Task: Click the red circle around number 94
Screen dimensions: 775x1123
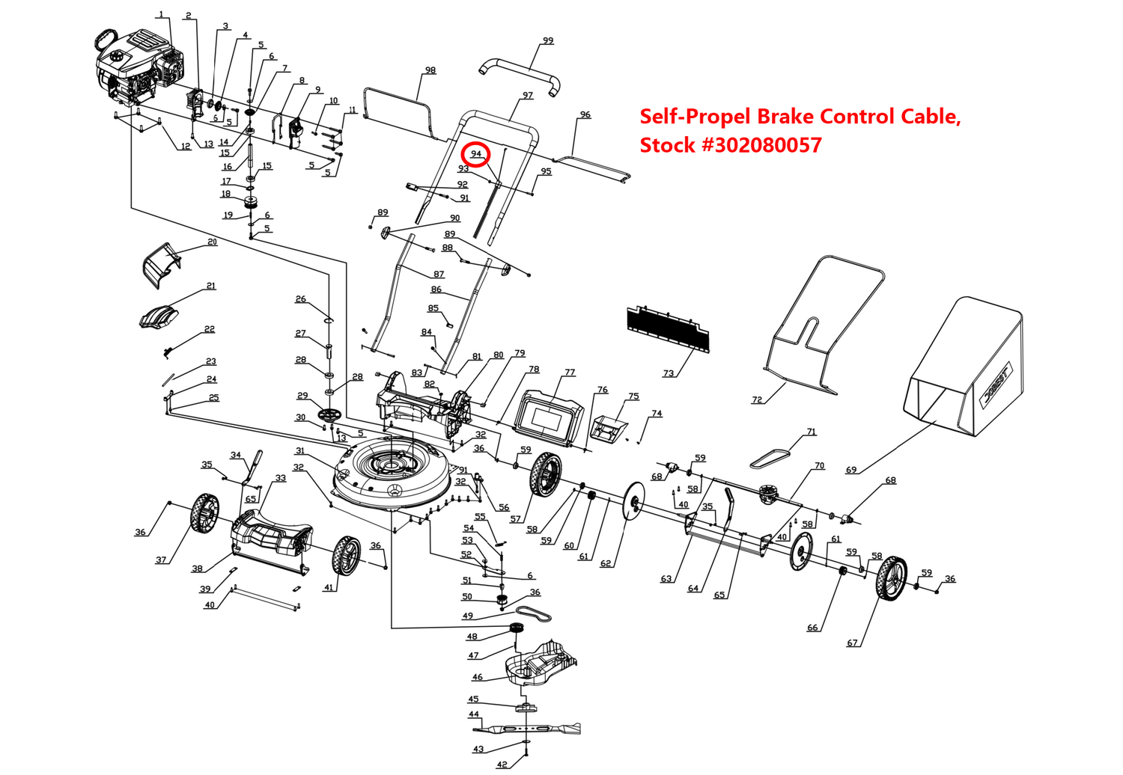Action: (x=476, y=154)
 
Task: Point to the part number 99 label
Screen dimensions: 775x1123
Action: (x=548, y=40)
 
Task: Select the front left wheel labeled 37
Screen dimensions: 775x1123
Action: (x=204, y=515)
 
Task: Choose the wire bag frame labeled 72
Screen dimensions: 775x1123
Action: (x=824, y=322)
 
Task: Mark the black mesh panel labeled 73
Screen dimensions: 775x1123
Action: (x=667, y=328)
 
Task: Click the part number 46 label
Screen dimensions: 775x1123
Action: (x=478, y=677)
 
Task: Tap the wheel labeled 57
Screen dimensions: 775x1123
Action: (x=546, y=475)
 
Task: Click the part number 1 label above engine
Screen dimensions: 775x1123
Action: (x=161, y=14)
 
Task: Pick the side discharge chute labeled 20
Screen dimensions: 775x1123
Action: (x=161, y=263)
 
